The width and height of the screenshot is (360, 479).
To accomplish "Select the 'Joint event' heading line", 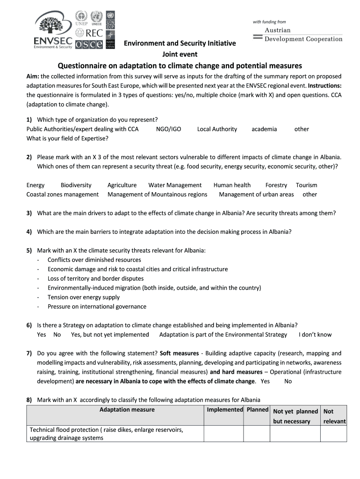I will point(180,54).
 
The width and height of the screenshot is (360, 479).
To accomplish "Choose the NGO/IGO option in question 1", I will point(168,129).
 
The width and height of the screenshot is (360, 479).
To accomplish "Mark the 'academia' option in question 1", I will point(264,129).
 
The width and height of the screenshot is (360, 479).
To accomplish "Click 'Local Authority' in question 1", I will point(217,129).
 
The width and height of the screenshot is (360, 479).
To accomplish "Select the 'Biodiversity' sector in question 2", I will point(76,185).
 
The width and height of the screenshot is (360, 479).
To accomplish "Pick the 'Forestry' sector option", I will point(276,185).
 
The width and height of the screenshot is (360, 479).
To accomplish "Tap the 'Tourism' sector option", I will point(306,185).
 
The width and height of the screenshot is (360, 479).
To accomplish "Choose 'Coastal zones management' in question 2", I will point(63,195).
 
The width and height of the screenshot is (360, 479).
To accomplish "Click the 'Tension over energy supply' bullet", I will point(84,298).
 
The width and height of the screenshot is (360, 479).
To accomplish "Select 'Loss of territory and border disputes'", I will point(95,279).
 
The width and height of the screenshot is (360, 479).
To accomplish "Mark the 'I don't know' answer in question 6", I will point(315,335).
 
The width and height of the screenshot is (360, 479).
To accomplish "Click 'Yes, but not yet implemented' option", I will point(110,335).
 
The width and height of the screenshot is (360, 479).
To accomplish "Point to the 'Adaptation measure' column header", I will point(127,410).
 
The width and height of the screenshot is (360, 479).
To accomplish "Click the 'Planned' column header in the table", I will point(257,410).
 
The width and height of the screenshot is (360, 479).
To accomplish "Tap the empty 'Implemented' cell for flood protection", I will point(223,434).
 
